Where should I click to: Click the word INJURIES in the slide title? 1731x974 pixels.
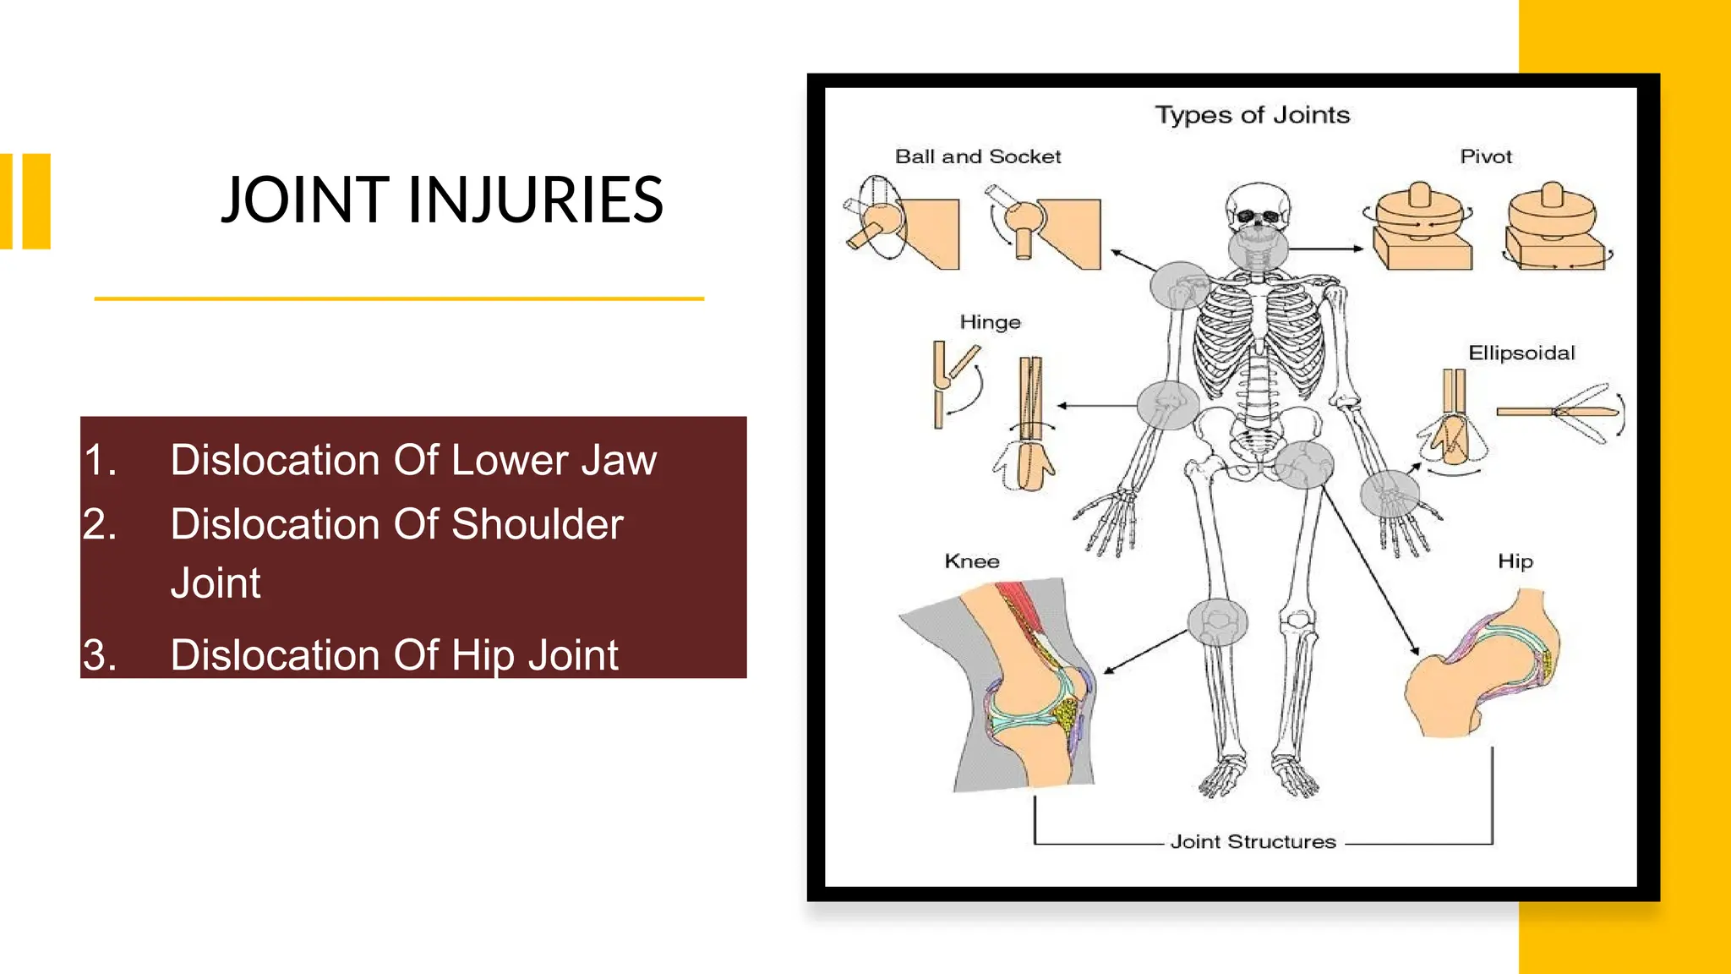point(535,200)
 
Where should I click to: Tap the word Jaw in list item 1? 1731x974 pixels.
point(624,461)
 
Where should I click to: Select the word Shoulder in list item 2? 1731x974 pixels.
point(537,524)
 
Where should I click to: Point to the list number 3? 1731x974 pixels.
point(100,655)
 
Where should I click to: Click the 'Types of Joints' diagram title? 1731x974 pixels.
point(1252,115)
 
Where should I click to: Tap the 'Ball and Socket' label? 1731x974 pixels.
point(977,156)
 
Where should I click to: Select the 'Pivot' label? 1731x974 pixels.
point(1485,156)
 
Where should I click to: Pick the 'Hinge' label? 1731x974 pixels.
point(990,322)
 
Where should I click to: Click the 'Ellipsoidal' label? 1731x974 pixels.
point(1521,353)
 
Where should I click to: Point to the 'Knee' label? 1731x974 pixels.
point(972,561)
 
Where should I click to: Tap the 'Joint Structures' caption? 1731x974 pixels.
point(1253,841)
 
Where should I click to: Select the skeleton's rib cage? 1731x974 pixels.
point(1259,338)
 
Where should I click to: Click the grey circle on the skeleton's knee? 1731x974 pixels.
point(1217,622)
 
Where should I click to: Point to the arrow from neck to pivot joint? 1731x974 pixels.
point(1325,249)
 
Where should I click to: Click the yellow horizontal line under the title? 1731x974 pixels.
point(399,298)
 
